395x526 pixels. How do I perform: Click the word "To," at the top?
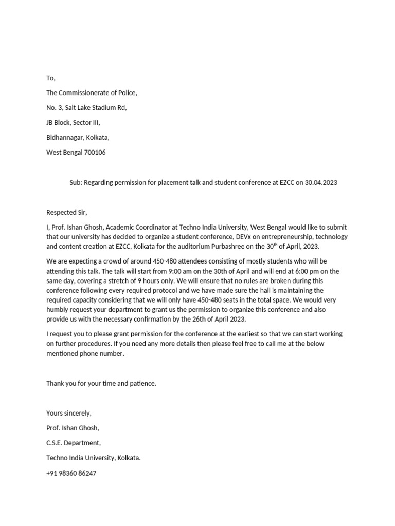tap(50, 78)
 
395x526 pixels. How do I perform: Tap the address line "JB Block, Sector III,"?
tap(73, 123)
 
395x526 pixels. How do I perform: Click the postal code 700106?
tap(93, 153)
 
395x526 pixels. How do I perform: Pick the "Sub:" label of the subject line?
tap(76, 182)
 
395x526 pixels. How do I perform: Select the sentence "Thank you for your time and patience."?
tap(101, 383)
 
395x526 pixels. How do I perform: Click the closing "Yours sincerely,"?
tap(69, 413)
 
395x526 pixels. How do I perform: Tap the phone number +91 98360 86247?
tap(71, 473)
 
